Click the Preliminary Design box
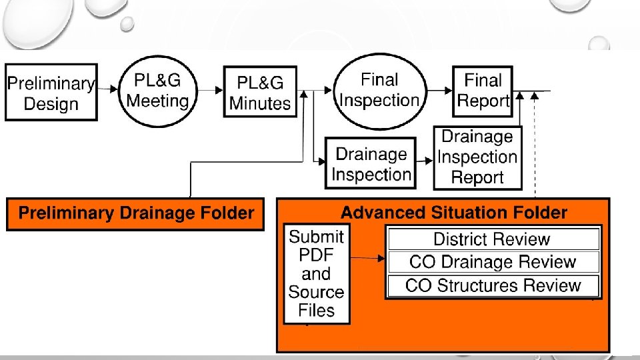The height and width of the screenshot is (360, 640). tap(51, 93)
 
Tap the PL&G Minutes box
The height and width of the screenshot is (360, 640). tap(260, 93)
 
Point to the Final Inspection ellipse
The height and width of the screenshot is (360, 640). tap(379, 90)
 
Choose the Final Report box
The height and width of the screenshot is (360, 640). tap(483, 91)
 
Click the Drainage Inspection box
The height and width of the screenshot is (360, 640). tap(371, 163)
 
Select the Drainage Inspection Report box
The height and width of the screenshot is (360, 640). tap(477, 157)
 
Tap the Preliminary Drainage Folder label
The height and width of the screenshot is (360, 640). tap(136, 213)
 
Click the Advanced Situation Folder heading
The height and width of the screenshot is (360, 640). tap(454, 213)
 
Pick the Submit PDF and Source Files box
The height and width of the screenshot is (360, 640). tap(317, 273)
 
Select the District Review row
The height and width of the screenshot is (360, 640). tap(493, 239)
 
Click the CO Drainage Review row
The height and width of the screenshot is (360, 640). tap(493, 262)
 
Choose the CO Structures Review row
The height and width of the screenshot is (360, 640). tap(493, 286)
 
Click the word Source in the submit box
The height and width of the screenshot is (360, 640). tap(317, 292)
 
